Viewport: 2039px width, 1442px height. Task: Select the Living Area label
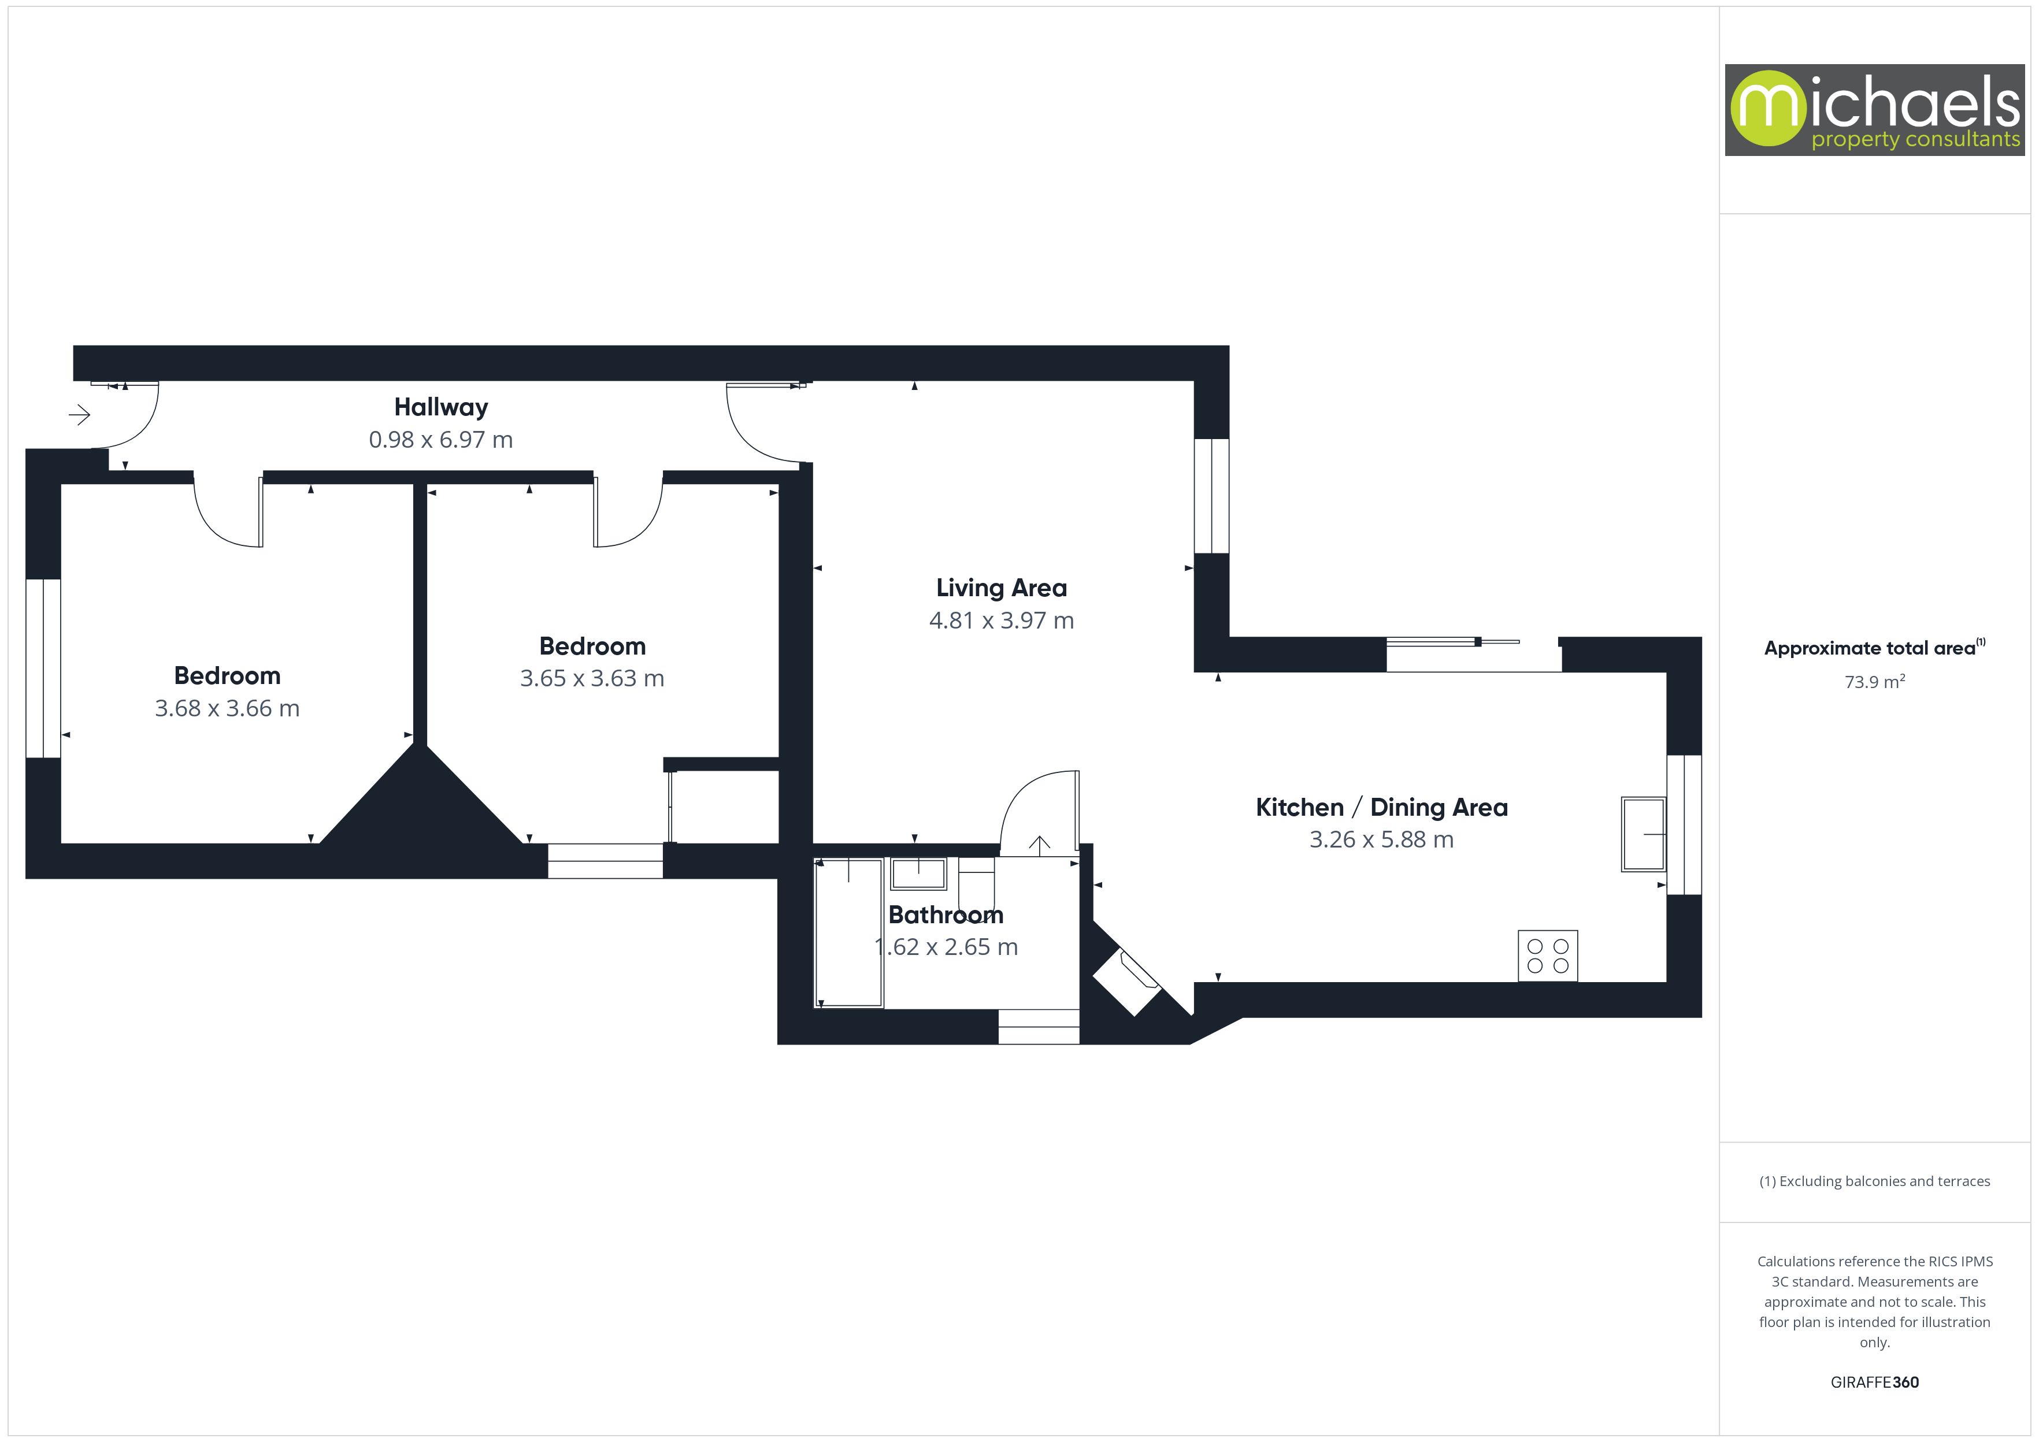[x=1001, y=588]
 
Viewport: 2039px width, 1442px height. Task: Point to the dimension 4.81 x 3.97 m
[x=1001, y=620]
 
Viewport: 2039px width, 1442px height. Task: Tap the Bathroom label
[x=946, y=915]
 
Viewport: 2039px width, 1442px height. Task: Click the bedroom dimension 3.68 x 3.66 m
[x=227, y=708]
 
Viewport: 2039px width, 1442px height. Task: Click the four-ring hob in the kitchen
[x=1547, y=956]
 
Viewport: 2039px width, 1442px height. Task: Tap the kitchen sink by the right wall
[x=1643, y=834]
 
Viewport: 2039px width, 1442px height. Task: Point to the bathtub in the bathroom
[x=849, y=932]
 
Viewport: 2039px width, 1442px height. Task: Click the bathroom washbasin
[x=918, y=874]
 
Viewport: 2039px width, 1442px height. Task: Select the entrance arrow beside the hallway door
[x=80, y=415]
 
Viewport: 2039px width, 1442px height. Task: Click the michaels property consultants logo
[x=1874, y=110]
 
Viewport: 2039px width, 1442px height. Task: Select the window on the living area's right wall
[x=1211, y=496]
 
